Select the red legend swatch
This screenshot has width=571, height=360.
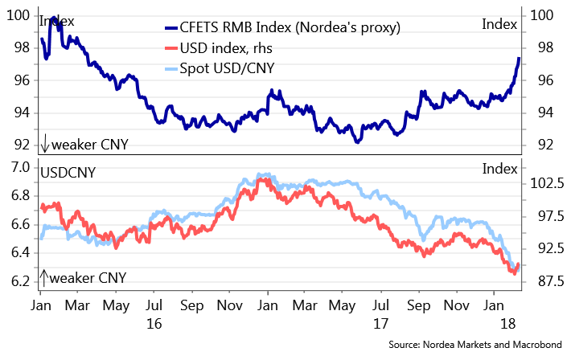click(x=170, y=48)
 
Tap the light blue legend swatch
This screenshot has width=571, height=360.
click(x=170, y=68)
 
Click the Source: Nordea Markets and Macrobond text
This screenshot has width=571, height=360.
click(x=476, y=344)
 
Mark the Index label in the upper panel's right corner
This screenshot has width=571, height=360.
click(x=499, y=25)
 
